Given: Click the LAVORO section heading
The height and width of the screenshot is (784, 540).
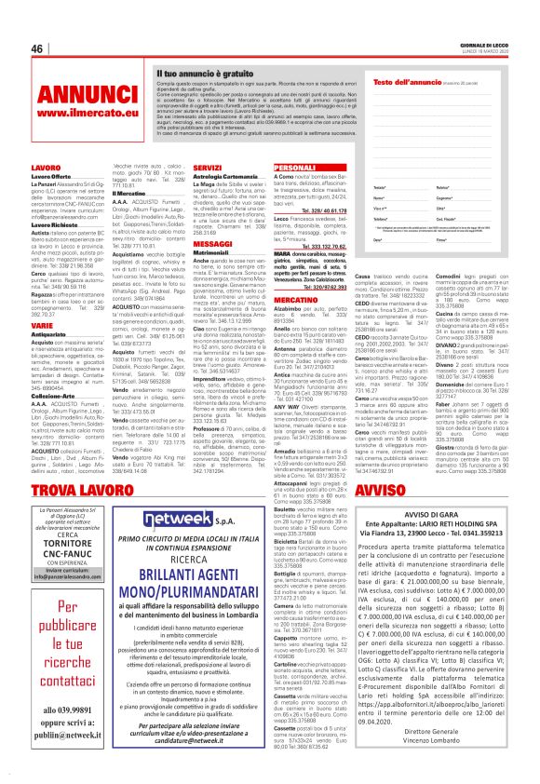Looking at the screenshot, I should (47, 168).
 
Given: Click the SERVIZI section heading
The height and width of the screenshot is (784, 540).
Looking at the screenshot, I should (208, 168).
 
